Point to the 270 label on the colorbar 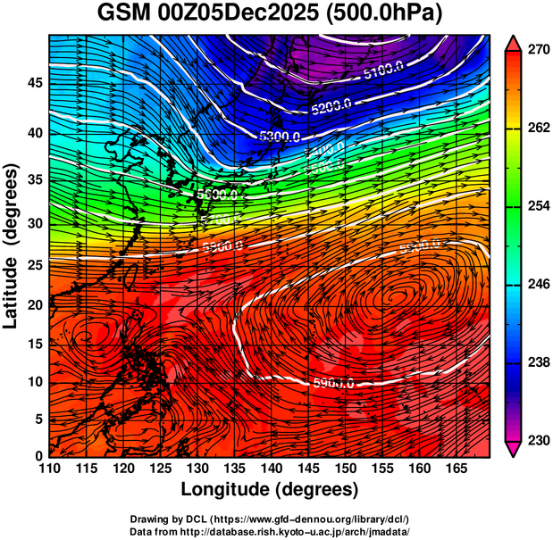pos(539,50)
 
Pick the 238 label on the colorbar pos(539,362)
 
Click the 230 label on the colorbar pos(539,440)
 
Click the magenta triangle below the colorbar pos(514,449)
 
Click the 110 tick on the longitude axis pos(49,468)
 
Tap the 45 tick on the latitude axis pos(33,82)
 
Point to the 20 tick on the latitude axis pos(33,304)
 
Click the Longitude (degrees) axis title pos(270,489)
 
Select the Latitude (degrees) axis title pos(13,245)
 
